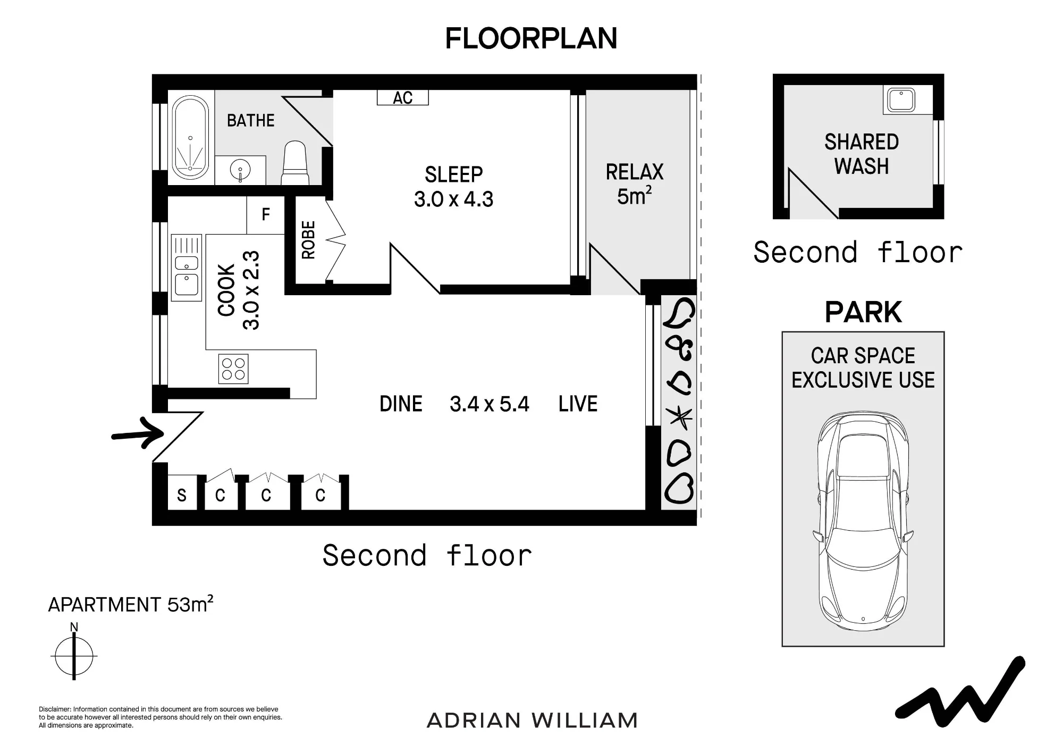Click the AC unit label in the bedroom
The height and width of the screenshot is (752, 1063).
402,97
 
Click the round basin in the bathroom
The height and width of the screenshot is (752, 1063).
240,170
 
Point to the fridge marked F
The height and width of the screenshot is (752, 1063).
265,215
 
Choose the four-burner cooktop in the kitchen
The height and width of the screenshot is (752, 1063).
233,369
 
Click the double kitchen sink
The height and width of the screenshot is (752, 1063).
187,268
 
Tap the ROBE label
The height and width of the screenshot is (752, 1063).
308,240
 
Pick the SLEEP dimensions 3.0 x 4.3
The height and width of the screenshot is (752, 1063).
454,199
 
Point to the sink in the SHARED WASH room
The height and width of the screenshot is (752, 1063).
899,100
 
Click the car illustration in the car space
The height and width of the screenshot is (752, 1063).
863,520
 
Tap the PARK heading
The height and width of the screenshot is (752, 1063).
863,312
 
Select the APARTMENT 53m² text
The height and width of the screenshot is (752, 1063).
131,605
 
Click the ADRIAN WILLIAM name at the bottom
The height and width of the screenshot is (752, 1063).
532,721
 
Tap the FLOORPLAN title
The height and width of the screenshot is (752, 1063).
531,38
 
